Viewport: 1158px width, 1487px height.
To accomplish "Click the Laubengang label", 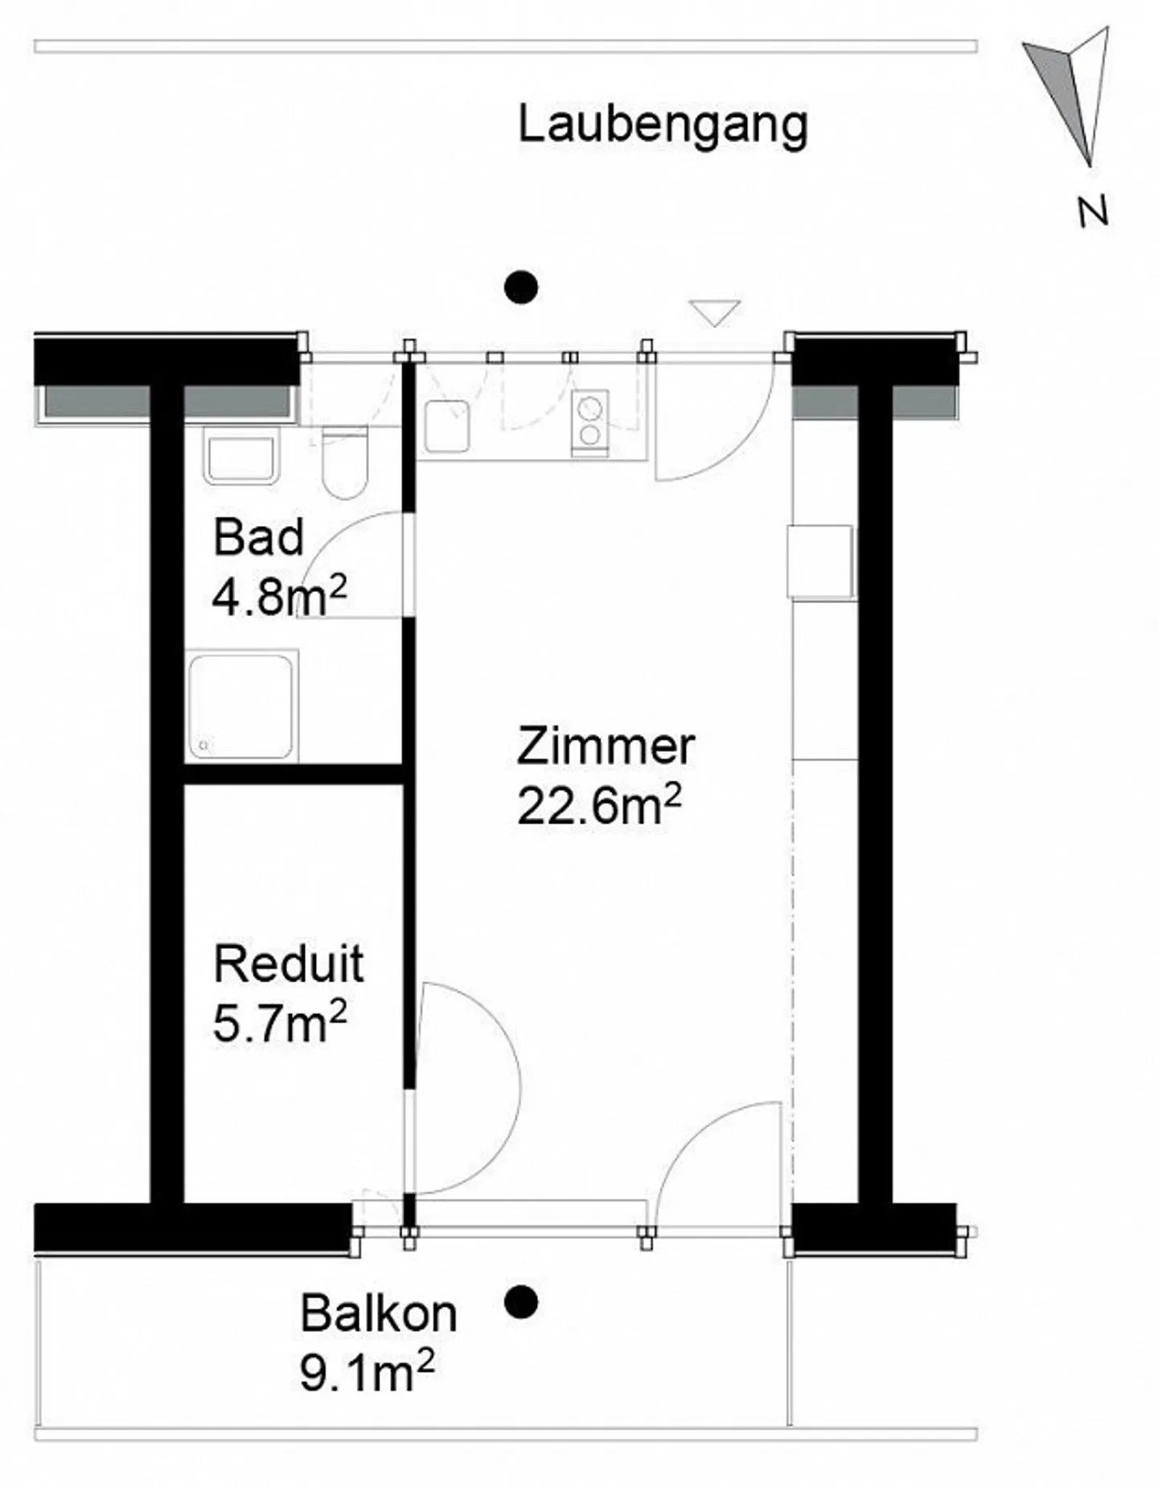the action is [x=663, y=126].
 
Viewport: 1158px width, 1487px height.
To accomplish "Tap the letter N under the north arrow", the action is [x=1093, y=212].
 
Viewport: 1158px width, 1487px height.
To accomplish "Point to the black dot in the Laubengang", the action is [x=521, y=287].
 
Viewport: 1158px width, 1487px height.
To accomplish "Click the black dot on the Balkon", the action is [x=521, y=1302].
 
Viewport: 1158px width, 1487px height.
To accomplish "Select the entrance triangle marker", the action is [x=714, y=313].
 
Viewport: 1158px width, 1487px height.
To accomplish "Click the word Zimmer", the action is [x=606, y=746].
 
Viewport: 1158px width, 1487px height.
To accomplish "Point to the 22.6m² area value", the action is [x=599, y=806].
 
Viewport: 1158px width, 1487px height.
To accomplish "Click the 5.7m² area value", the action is [x=280, y=1022].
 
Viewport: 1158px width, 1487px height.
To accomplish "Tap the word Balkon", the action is [x=379, y=1314].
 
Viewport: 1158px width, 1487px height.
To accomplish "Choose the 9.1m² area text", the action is [x=367, y=1372].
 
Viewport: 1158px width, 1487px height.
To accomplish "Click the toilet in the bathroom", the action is [x=345, y=462].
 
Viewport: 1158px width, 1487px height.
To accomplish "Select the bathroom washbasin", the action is [x=242, y=455].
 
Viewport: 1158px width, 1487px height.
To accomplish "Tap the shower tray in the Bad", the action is [x=242, y=706].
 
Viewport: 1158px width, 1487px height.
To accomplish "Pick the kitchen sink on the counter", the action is [x=446, y=426].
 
